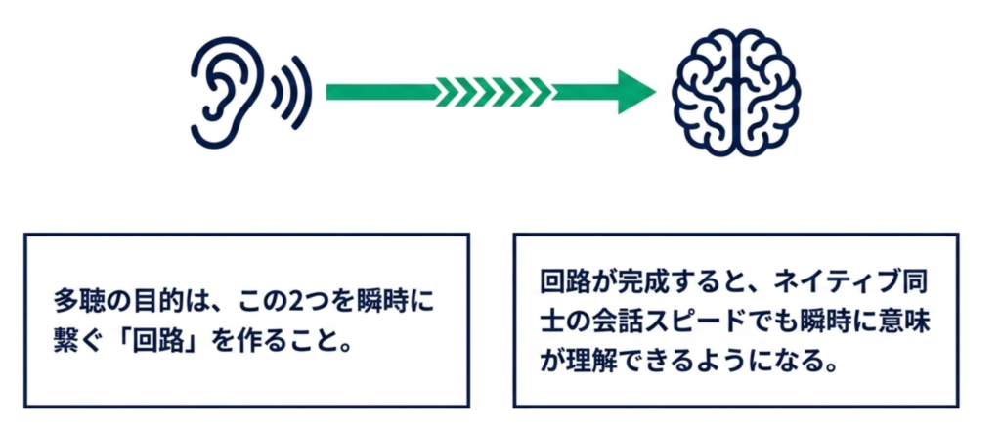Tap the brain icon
click(735, 92)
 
